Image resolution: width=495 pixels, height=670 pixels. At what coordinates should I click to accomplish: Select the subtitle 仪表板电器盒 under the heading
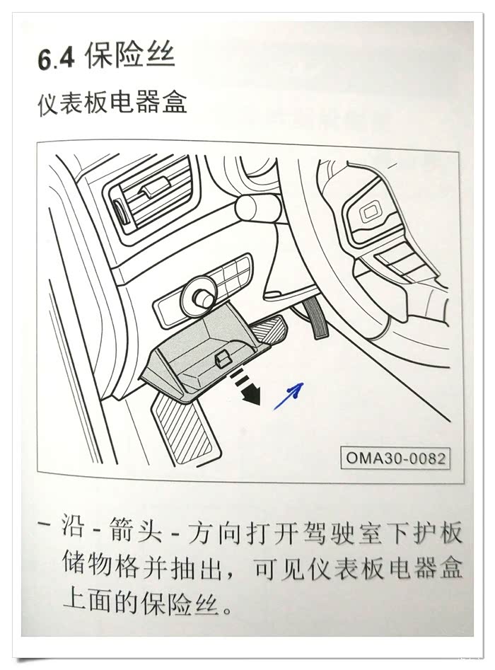click(x=112, y=103)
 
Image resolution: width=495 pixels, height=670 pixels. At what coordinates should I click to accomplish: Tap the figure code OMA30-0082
click(x=395, y=458)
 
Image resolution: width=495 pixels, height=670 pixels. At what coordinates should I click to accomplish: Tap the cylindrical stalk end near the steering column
click(x=256, y=206)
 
